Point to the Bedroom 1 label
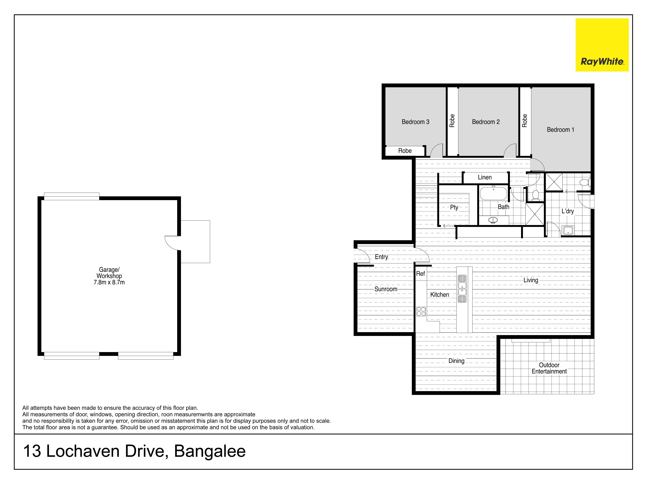(x=560, y=130)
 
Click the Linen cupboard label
(x=485, y=177)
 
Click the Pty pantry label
(x=454, y=207)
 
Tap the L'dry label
(x=568, y=211)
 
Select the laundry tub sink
(x=568, y=230)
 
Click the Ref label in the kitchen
(x=420, y=274)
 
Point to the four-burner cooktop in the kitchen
(x=421, y=311)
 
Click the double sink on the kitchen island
(x=462, y=289)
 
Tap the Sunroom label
(x=386, y=289)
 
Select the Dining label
(x=456, y=361)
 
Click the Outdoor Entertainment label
(x=549, y=368)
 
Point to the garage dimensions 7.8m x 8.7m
(x=109, y=282)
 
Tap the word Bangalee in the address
(x=210, y=451)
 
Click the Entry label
(x=381, y=257)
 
